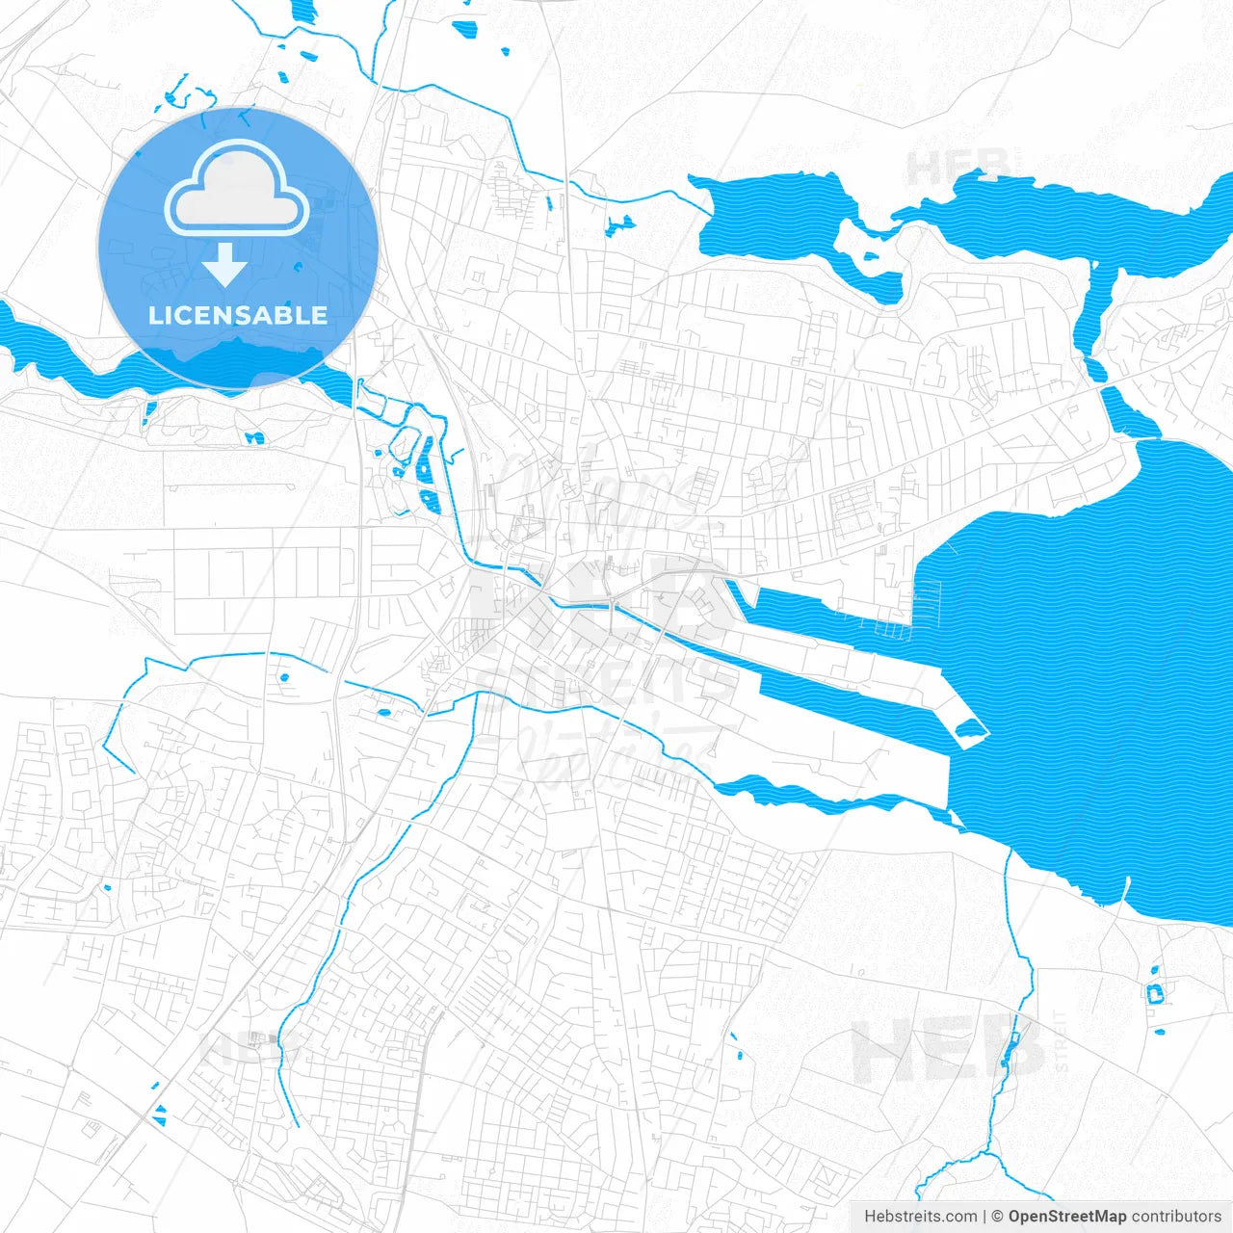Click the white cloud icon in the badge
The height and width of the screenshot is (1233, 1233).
(237, 191)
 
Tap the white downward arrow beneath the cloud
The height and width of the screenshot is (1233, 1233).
(224, 265)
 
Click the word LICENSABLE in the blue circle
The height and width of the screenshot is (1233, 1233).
(237, 315)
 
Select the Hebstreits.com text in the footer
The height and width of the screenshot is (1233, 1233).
(920, 1217)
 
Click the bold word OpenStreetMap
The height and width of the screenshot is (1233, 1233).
(1066, 1217)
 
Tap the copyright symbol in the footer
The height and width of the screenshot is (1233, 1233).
(998, 1217)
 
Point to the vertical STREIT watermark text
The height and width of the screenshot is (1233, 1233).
(1062, 1041)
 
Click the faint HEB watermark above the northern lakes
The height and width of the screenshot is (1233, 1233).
(958, 166)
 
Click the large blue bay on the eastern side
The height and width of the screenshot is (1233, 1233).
(1079, 674)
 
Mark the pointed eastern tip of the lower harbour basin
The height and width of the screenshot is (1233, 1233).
(984, 729)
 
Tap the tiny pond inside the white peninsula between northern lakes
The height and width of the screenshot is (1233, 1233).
(871, 257)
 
